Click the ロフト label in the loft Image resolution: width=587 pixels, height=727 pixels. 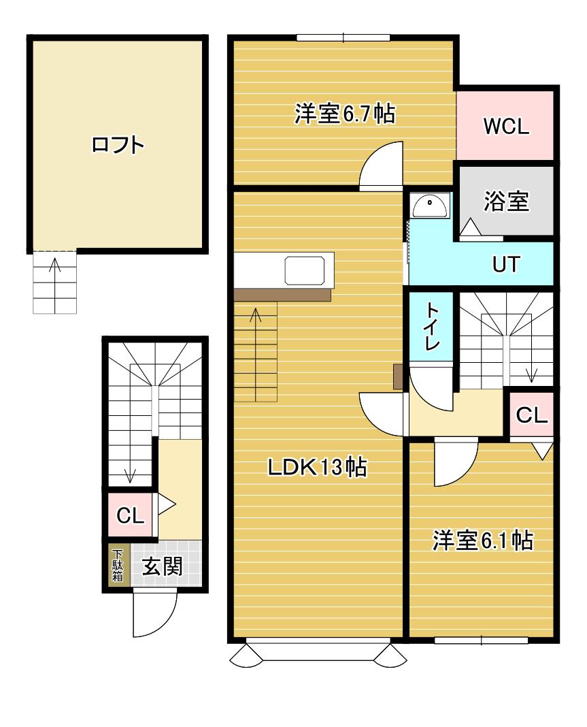tap(118, 145)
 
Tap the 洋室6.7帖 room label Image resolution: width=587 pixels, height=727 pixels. tap(345, 113)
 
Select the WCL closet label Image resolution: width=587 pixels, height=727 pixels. tap(506, 126)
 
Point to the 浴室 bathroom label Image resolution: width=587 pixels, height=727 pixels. tap(506, 201)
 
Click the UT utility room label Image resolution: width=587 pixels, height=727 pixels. tap(506, 264)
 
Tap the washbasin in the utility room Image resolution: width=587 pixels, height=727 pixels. tap(431, 206)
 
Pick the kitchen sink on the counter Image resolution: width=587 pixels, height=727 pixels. tap(305, 270)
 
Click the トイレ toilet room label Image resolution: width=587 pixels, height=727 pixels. tap(432, 326)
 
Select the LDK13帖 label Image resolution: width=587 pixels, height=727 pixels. tap(318, 467)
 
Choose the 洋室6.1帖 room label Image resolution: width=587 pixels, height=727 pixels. tap(482, 540)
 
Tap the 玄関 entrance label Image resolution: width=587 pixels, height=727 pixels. tap(162, 566)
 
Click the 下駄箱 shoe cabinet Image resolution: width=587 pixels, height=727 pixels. tap(117, 566)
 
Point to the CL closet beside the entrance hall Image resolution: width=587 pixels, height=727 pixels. tap(130, 515)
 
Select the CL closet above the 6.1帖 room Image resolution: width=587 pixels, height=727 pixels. tap(531, 415)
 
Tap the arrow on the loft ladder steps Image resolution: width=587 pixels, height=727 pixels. tap(55, 285)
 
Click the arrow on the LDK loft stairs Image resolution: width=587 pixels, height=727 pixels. tap(256, 354)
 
